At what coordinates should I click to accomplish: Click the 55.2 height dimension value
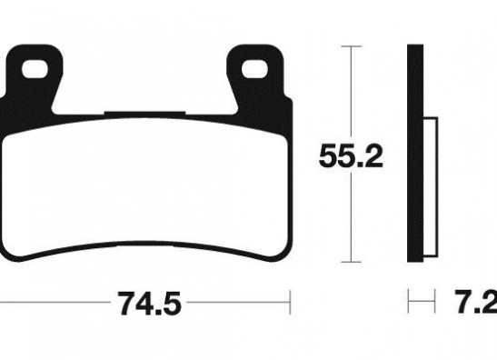[351, 156]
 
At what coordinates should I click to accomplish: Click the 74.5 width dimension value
[150, 304]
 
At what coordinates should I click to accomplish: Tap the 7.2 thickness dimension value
[476, 302]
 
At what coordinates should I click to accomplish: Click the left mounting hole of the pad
[35, 68]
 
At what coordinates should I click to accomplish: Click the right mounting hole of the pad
[254, 68]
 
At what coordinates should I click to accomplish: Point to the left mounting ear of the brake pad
[35, 77]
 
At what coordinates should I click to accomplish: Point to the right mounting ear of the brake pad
[255, 77]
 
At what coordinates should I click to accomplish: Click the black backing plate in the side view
[415, 154]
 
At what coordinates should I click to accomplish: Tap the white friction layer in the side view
[431, 187]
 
